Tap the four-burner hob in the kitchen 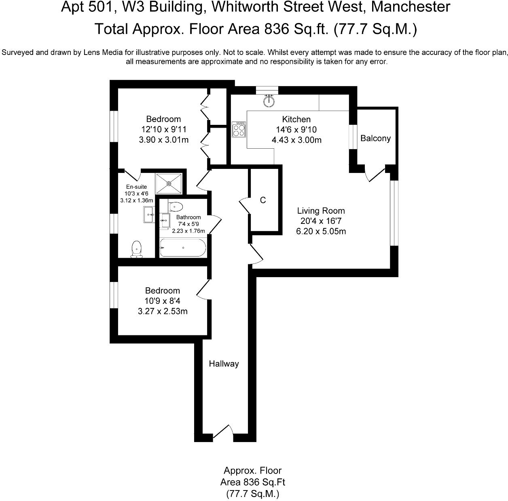(239, 129)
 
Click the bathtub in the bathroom (183, 247)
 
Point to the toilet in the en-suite (137, 249)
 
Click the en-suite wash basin (148, 214)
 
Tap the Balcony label (375, 139)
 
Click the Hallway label (224, 364)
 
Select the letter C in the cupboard (263, 200)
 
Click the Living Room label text (321, 211)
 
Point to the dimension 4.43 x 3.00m (296, 140)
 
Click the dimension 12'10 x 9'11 (163, 129)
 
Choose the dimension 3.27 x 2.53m (163, 312)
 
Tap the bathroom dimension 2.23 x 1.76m (188, 231)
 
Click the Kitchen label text (296, 119)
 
